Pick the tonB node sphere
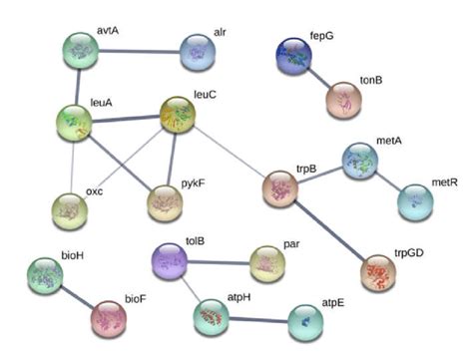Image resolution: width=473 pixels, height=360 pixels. click(344, 100)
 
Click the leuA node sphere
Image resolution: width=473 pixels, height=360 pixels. click(73, 123)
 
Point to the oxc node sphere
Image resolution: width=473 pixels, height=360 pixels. click(70, 210)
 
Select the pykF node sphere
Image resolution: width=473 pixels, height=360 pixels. click(166, 203)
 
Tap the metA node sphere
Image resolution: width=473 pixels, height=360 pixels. click(359, 161)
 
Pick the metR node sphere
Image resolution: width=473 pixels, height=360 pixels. click(415, 201)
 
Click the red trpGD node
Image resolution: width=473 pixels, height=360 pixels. click(378, 271)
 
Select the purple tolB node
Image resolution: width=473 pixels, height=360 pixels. click(169, 262)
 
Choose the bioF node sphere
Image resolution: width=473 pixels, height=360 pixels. click(109, 317)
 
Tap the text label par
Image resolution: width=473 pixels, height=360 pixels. click(292, 241)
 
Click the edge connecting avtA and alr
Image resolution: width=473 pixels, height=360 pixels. click(140, 51)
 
